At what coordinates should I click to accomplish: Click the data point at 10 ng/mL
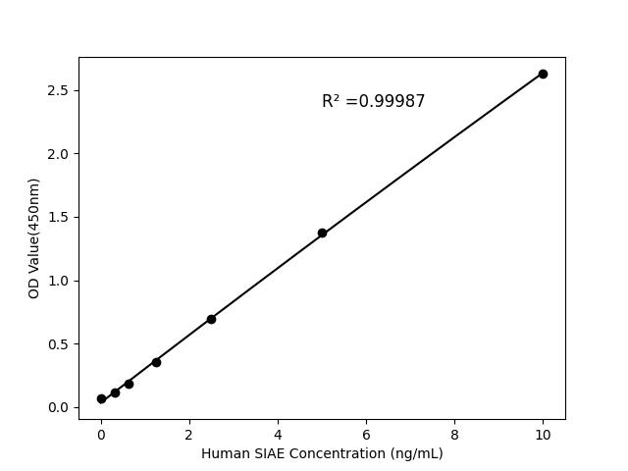(543, 74)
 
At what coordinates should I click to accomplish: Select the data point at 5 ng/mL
(322, 234)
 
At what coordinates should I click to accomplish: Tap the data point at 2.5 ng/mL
(211, 319)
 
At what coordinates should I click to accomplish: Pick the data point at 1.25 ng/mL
(156, 362)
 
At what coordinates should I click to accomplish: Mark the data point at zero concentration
(101, 399)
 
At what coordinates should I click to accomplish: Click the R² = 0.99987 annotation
(373, 101)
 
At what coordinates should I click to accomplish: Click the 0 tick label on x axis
(101, 434)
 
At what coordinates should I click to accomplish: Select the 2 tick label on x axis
(189, 434)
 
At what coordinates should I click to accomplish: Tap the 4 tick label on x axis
(278, 434)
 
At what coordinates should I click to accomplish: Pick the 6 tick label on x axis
(366, 434)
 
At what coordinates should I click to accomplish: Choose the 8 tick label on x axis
(454, 434)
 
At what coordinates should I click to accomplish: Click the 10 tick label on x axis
(543, 434)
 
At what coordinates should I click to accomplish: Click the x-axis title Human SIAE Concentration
(322, 453)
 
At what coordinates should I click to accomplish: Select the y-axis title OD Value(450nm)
(34, 238)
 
